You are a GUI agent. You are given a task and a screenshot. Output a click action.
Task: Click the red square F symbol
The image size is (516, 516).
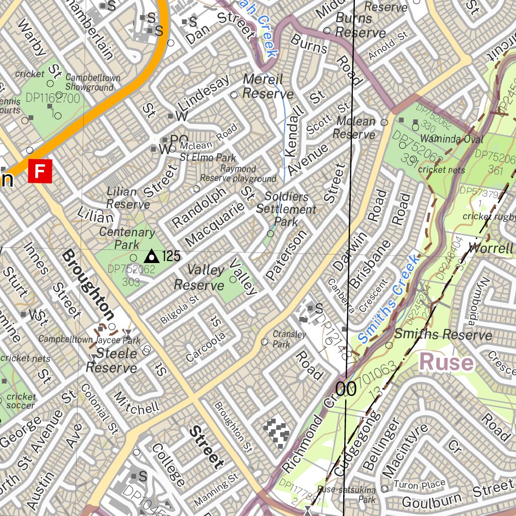tap(40, 171)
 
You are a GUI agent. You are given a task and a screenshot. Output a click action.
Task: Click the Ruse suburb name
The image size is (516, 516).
tap(446, 362)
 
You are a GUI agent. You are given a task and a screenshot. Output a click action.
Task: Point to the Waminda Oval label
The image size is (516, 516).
tap(451, 139)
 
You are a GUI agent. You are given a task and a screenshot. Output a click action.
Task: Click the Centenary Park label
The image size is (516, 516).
tap(127, 238)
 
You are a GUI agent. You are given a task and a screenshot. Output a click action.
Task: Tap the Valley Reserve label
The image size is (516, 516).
tap(199, 278)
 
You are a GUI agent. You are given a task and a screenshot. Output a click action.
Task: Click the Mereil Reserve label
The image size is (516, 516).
tap(268, 86)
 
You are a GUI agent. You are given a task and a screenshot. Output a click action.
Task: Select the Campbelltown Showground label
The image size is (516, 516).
tap(93, 83)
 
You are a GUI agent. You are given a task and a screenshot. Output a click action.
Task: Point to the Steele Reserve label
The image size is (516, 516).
tap(111, 361)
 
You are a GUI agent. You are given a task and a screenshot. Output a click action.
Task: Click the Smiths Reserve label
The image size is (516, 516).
tap(443, 335)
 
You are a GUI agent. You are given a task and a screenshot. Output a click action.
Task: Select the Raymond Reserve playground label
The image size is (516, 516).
tap(238, 174)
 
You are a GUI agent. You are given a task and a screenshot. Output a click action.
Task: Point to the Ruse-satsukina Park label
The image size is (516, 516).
tap(347, 494)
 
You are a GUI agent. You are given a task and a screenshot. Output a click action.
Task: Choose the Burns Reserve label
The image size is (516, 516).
tap(360, 26)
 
